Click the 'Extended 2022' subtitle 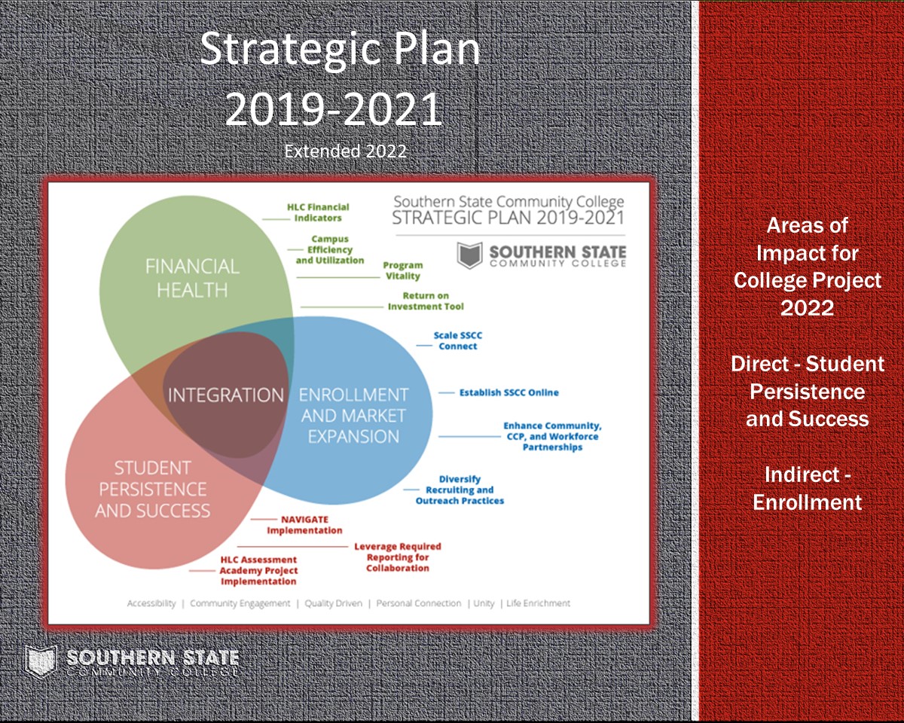coord(345,151)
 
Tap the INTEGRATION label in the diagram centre coord(226,395)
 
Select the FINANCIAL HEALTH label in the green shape coord(192,278)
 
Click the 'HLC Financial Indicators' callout coord(318,212)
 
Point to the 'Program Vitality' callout coord(403,270)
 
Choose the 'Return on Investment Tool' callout coord(426,301)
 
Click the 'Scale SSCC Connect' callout coord(458,340)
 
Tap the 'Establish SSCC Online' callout coord(509,392)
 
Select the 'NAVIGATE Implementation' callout coord(304,525)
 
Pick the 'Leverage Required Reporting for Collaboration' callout coord(398,557)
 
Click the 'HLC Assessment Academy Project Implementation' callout coord(258,571)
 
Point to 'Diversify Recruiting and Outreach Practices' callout coord(460,490)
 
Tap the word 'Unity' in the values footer coord(484,603)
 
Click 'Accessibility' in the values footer coord(151,603)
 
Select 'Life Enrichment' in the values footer coord(538,603)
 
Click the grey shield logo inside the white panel coord(469,255)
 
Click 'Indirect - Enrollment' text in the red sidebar coord(808,489)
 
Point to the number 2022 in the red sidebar coord(808,307)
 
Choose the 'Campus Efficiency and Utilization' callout coord(330,249)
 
